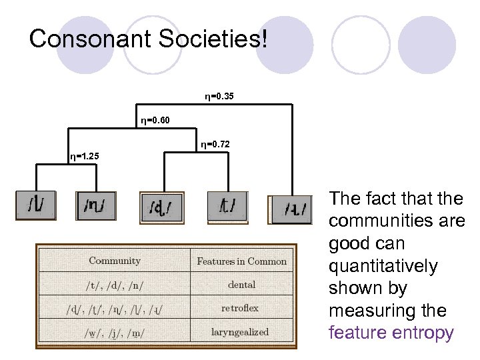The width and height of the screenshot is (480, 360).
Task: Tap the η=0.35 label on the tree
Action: point(219,97)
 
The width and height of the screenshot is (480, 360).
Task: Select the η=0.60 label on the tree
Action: point(155,120)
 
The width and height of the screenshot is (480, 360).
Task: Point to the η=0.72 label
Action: point(215,144)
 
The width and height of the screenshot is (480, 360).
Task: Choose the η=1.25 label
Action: point(85,157)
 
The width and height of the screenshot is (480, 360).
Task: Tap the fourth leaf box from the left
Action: point(227,205)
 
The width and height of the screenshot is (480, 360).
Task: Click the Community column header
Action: point(115,261)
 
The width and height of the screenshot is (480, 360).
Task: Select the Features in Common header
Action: point(241,261)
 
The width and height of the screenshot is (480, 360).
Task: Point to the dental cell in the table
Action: point(241,285)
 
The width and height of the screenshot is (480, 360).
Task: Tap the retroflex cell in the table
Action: point(241,308)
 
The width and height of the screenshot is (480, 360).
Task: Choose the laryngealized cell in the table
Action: point(241,331)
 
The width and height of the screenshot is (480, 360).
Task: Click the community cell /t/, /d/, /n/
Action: point(115,285)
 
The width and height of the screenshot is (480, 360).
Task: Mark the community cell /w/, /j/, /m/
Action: point(115,331)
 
